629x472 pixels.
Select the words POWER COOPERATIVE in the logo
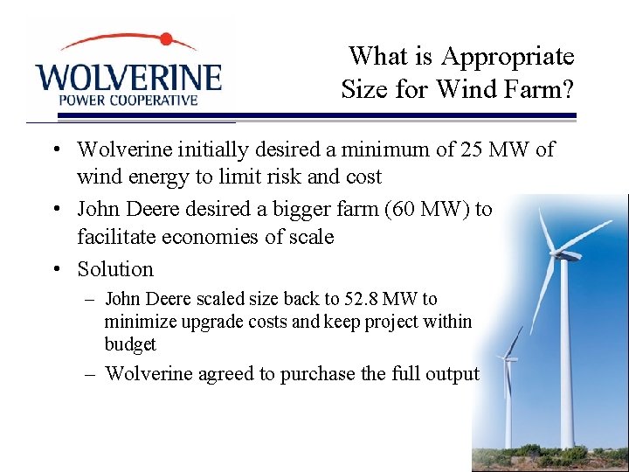pyautogui.click(x=128, y=100)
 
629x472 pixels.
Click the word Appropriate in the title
pyautogui.click(x=508, y=57)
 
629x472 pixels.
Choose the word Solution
pyautogui.click(x=115, y=269)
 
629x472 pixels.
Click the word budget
pyautogui.click(x=130, y=344)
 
